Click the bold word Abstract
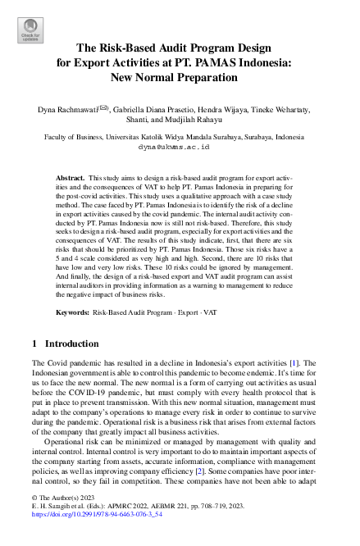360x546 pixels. (x=69, y=178)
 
